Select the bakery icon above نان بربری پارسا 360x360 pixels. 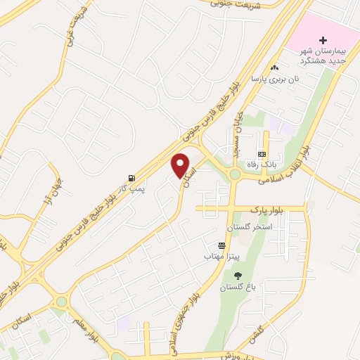click(275, 67)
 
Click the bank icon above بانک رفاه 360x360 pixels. click(262, 154)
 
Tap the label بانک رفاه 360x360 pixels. click(262, 165)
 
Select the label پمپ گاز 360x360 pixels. click(130, 189)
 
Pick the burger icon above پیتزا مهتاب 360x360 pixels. click(222, 245)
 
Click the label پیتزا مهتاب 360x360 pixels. click(222, 256)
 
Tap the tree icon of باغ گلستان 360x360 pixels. click(236, 276)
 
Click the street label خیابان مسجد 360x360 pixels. click(237, 131)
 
